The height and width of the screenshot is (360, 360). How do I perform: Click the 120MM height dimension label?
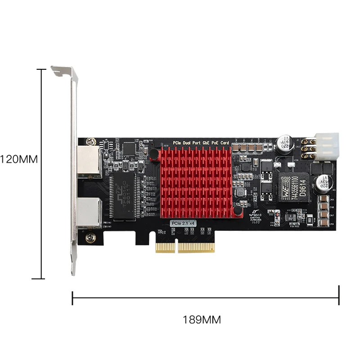coord(18,159)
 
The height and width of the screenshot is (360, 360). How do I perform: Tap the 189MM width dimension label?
coord(202,320)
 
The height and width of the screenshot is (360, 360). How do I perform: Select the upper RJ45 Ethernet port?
coord(89,161)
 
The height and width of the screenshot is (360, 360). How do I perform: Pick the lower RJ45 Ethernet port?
coord(89,212)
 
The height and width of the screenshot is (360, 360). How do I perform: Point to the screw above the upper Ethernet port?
coord(91,141)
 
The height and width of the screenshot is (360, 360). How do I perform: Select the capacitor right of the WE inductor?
coord(323,182)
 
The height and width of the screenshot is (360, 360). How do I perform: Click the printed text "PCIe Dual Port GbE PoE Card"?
coord(202,143)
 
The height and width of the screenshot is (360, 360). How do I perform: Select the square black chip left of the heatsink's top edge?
coord(130,148)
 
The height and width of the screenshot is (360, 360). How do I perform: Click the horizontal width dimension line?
coord(205,297)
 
